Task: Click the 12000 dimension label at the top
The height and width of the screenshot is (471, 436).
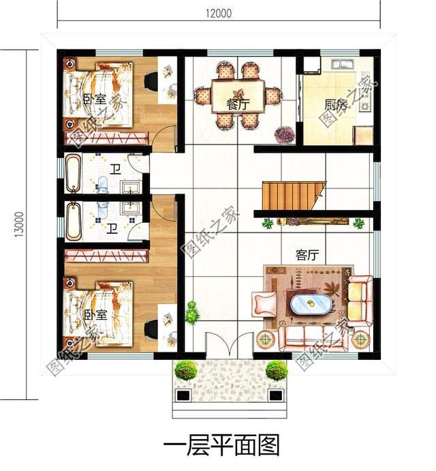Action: point(219,12)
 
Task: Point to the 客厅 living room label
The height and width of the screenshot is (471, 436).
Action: point(307,254)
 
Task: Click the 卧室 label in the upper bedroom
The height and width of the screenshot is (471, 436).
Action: point(95,100)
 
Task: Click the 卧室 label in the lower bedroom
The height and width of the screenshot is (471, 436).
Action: point(95,315)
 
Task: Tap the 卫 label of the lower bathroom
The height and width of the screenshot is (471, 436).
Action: point(111,230)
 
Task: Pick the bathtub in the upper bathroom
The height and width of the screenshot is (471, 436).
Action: point(73,174)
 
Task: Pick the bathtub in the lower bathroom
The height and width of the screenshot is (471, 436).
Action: point(73,220)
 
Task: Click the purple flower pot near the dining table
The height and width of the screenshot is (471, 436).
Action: point(284,134)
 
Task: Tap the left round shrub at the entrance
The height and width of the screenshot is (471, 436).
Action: point(185,371)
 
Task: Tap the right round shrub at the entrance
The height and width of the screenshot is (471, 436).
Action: point(276,370)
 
